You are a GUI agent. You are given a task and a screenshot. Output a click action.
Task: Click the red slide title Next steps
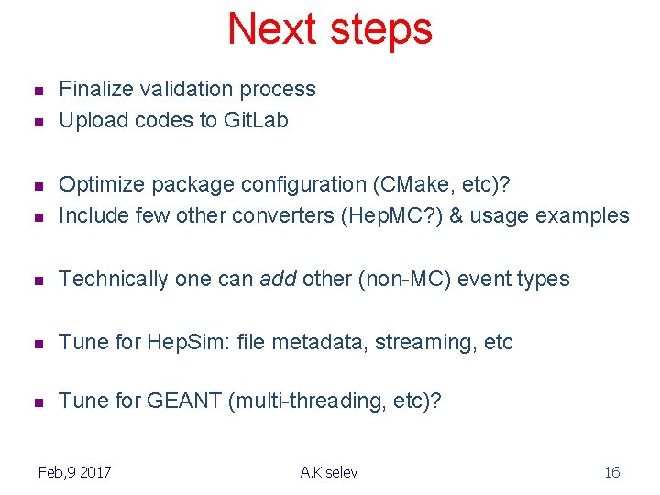click(329, 28)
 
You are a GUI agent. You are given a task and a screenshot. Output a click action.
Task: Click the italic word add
click(278, 279)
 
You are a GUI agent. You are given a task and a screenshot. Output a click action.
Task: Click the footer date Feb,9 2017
click(74, 472)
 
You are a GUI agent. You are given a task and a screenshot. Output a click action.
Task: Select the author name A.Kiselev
click(329, 472)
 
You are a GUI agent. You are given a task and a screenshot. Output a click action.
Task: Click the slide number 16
click(611, 472)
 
